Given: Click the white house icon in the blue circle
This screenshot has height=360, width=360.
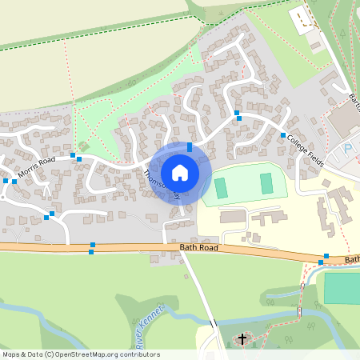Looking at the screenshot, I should click(x=180, y=173).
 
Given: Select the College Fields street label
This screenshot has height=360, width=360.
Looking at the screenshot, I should click(x=306, y=150).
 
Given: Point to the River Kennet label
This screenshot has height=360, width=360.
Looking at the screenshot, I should click(x=150, y=324).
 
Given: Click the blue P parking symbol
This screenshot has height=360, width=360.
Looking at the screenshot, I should click(x=348, y=149).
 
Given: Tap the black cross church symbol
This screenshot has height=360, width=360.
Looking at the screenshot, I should click(x=242, y=339).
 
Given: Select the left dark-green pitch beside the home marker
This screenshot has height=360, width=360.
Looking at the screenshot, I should click(x=221, y=189).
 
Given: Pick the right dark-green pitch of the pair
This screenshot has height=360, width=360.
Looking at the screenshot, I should click(x=266, y=183).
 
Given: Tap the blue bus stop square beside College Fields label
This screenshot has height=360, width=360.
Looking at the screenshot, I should click(x=283, y=134).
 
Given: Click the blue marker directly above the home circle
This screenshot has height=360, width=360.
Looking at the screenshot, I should click(x=189, y=146).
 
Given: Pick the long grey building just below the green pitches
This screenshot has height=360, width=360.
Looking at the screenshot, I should click(x=234, y=217).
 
